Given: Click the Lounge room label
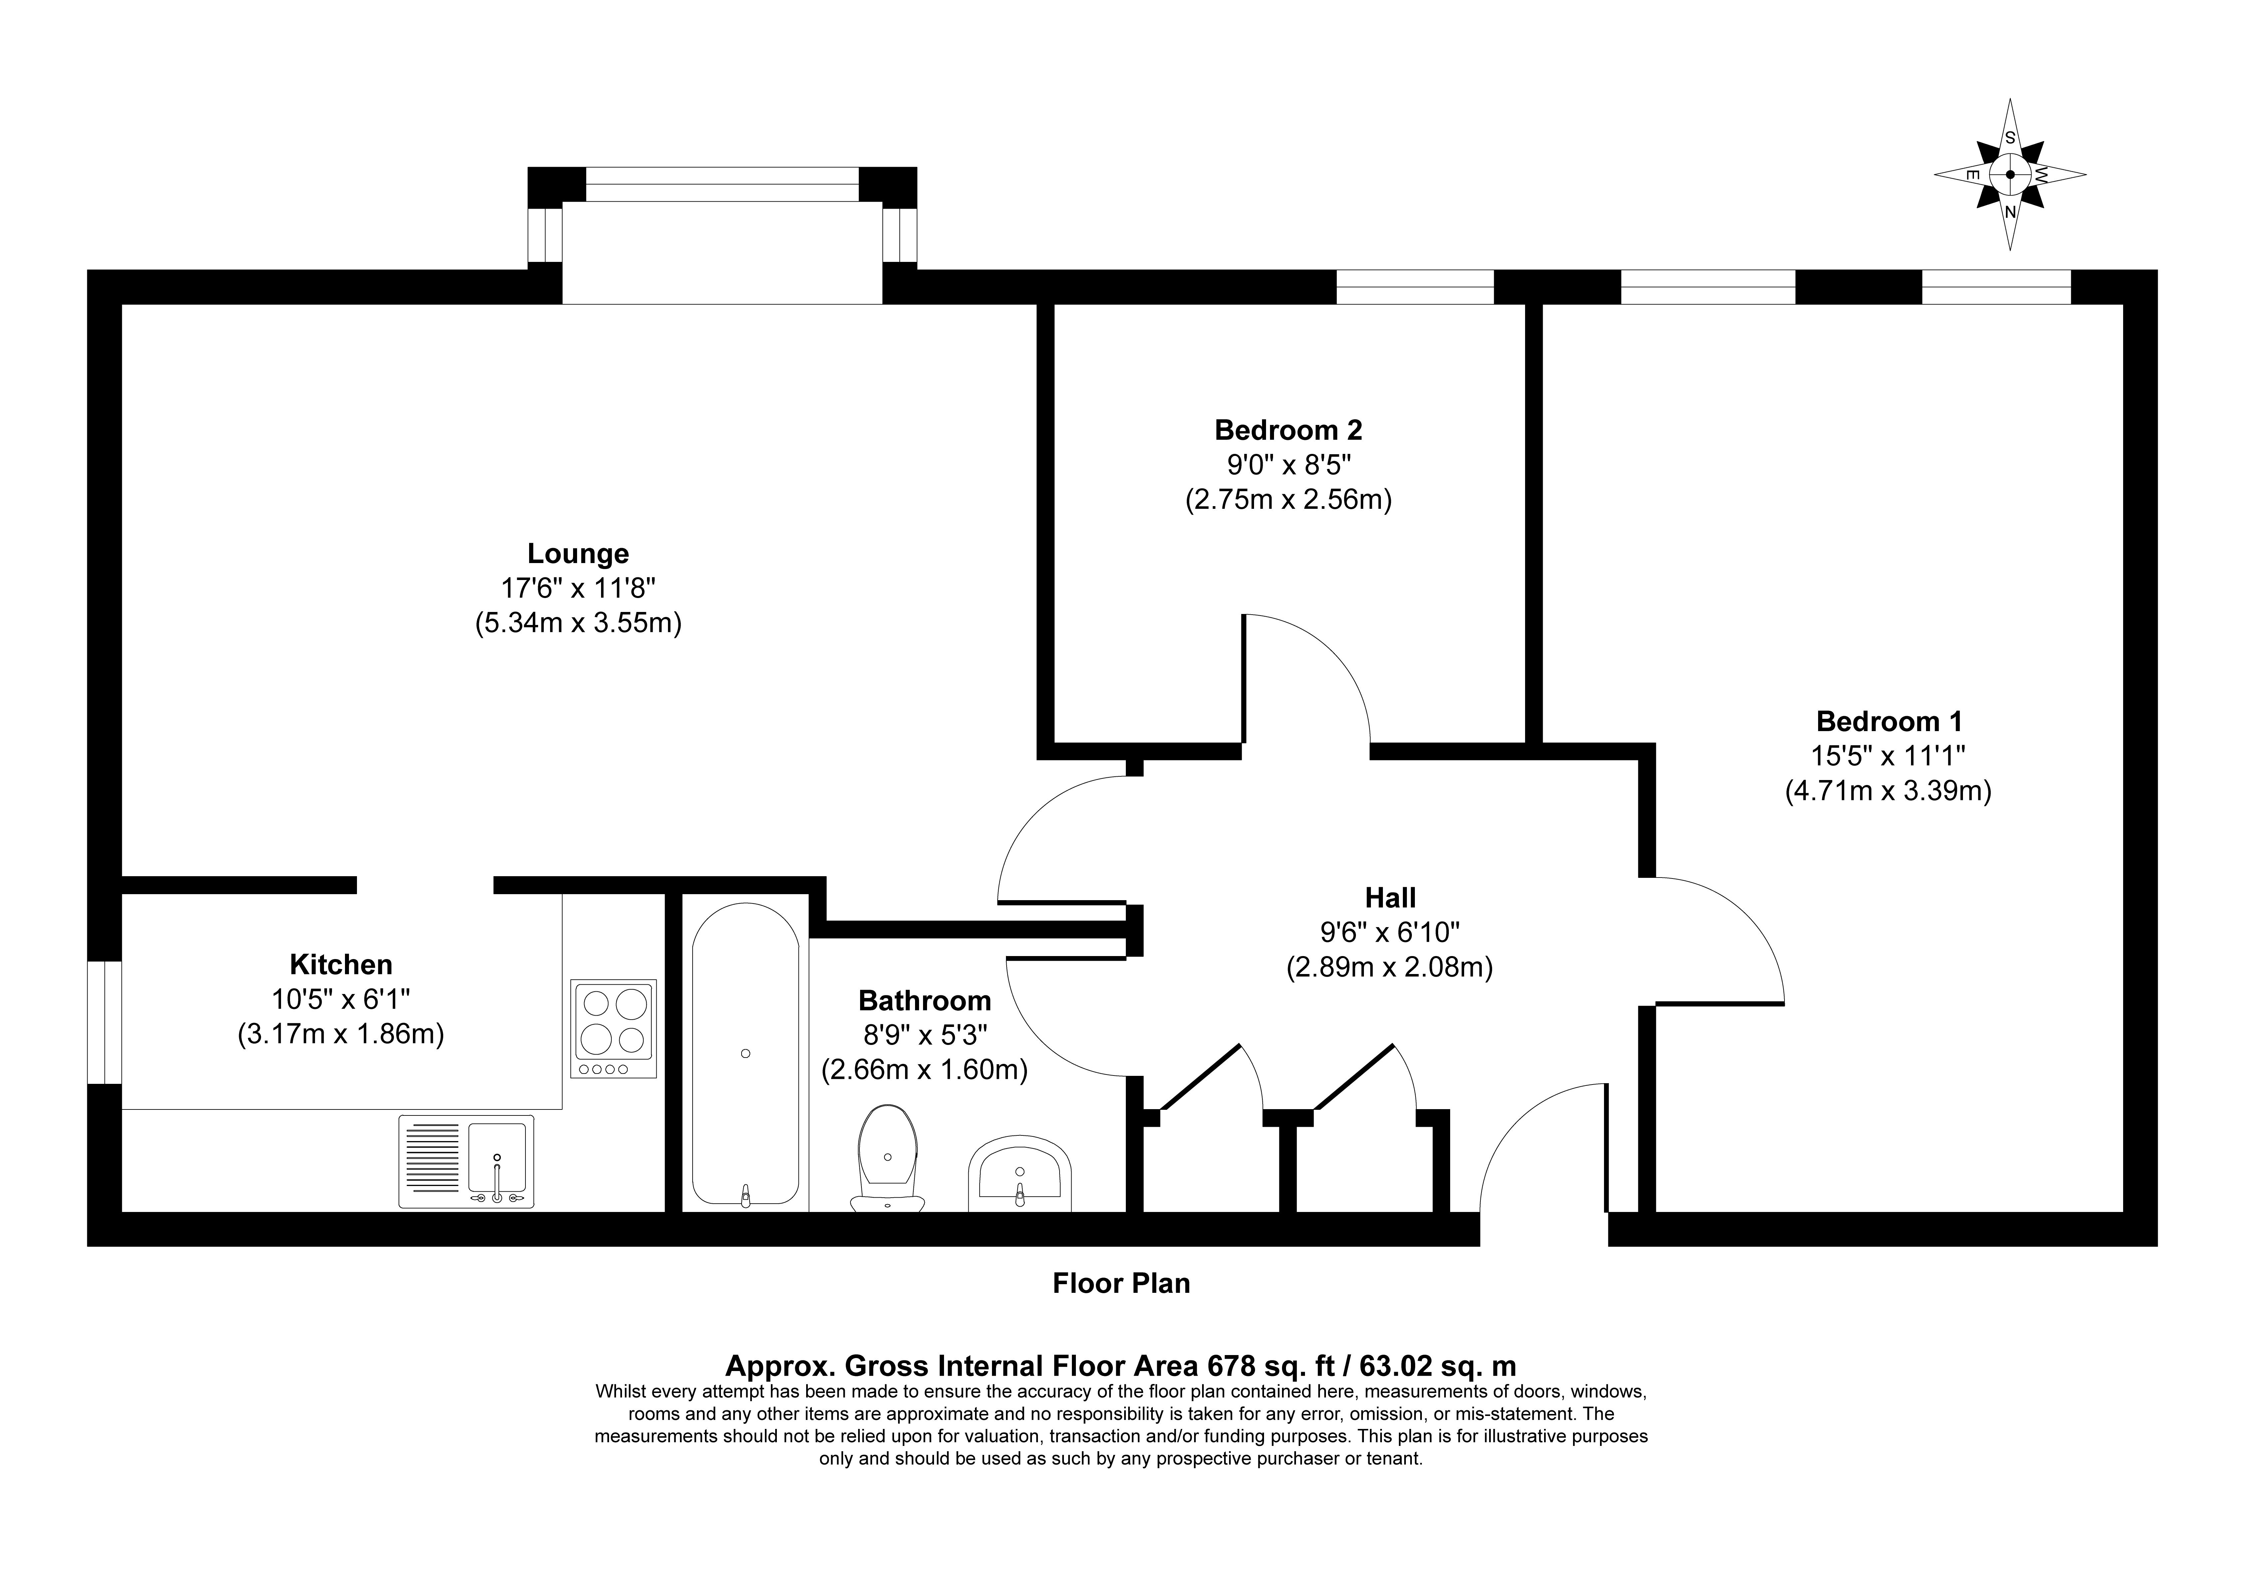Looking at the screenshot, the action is (578, 554).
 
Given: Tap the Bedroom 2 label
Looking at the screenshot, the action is (1289, 430).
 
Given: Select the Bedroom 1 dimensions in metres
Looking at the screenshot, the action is (1888, 790).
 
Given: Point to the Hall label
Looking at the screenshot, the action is (1390, 896).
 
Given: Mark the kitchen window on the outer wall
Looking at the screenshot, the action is (105, 1023).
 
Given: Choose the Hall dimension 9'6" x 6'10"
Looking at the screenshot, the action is (1390, 932).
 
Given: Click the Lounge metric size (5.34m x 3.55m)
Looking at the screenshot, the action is (578, 623).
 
